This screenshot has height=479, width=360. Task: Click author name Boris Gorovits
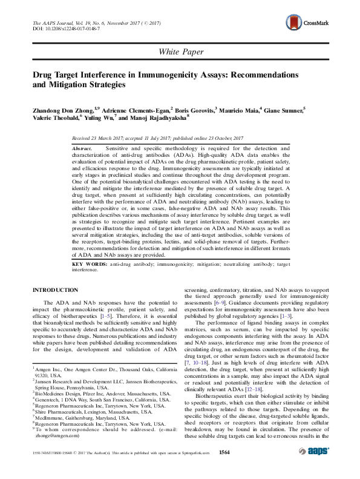194,110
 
